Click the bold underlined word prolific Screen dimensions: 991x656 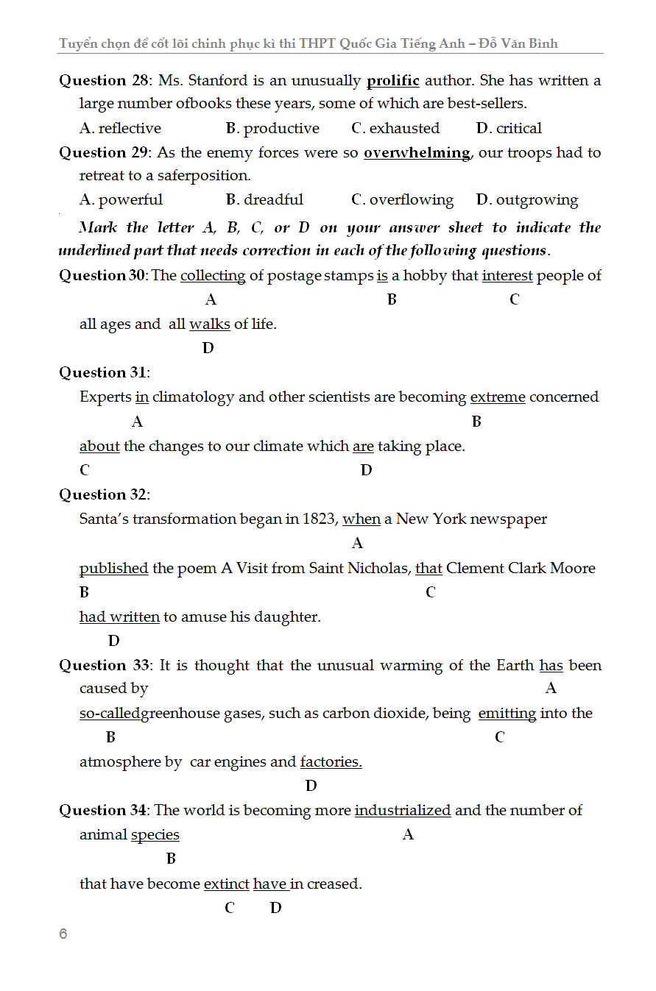(x=392, y=80)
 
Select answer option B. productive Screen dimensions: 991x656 (x=272, y=128)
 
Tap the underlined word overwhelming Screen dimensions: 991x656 (x=417, y=153)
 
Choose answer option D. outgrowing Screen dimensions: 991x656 (x=527, y=200)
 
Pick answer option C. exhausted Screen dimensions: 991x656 (x=395, y=128)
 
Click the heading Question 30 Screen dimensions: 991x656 (x=103, y=275)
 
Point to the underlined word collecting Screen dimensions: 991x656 (x=213, y=276)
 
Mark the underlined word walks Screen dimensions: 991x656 (x=210, y=324)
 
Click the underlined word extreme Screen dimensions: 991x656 (x=498, y=397)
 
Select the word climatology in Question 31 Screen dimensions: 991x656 (x=193, y=397)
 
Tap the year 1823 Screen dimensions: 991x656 (x=320, y=519)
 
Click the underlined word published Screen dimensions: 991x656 (x=114, y=569)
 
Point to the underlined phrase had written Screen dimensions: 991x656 (x=119, y=617)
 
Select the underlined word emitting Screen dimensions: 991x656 (x=507, y=714)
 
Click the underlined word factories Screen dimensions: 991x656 (x=331, y=762)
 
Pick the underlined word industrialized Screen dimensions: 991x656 (x=403, y=811)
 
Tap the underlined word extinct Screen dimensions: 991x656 (x=227, y=884)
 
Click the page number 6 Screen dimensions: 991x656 (x=63, y=934)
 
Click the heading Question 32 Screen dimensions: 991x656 (x=103, y=494)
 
